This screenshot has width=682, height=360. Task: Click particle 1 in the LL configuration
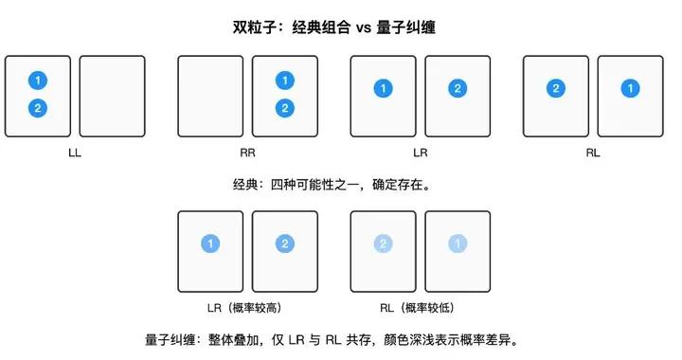click(x=37, y=81)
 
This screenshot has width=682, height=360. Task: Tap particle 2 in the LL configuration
click(x=37, y=108)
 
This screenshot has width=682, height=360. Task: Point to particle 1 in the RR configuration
click(x=284, y=81)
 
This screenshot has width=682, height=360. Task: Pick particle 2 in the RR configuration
click(x=284, y=108)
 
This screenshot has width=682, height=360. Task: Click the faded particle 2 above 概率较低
click(x=384, y=244)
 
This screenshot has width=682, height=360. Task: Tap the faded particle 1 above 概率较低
click(x=458, y=244)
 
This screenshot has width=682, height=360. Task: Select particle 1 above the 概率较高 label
click(x=210, y=244)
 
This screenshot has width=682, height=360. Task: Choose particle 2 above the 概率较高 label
click(x=284, y=244)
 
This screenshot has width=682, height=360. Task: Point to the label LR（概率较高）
click(x=247, y=308)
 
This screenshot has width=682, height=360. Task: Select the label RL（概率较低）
click(x=421, y=308)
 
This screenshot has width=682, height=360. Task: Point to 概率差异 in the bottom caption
click(x=511, y=339)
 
